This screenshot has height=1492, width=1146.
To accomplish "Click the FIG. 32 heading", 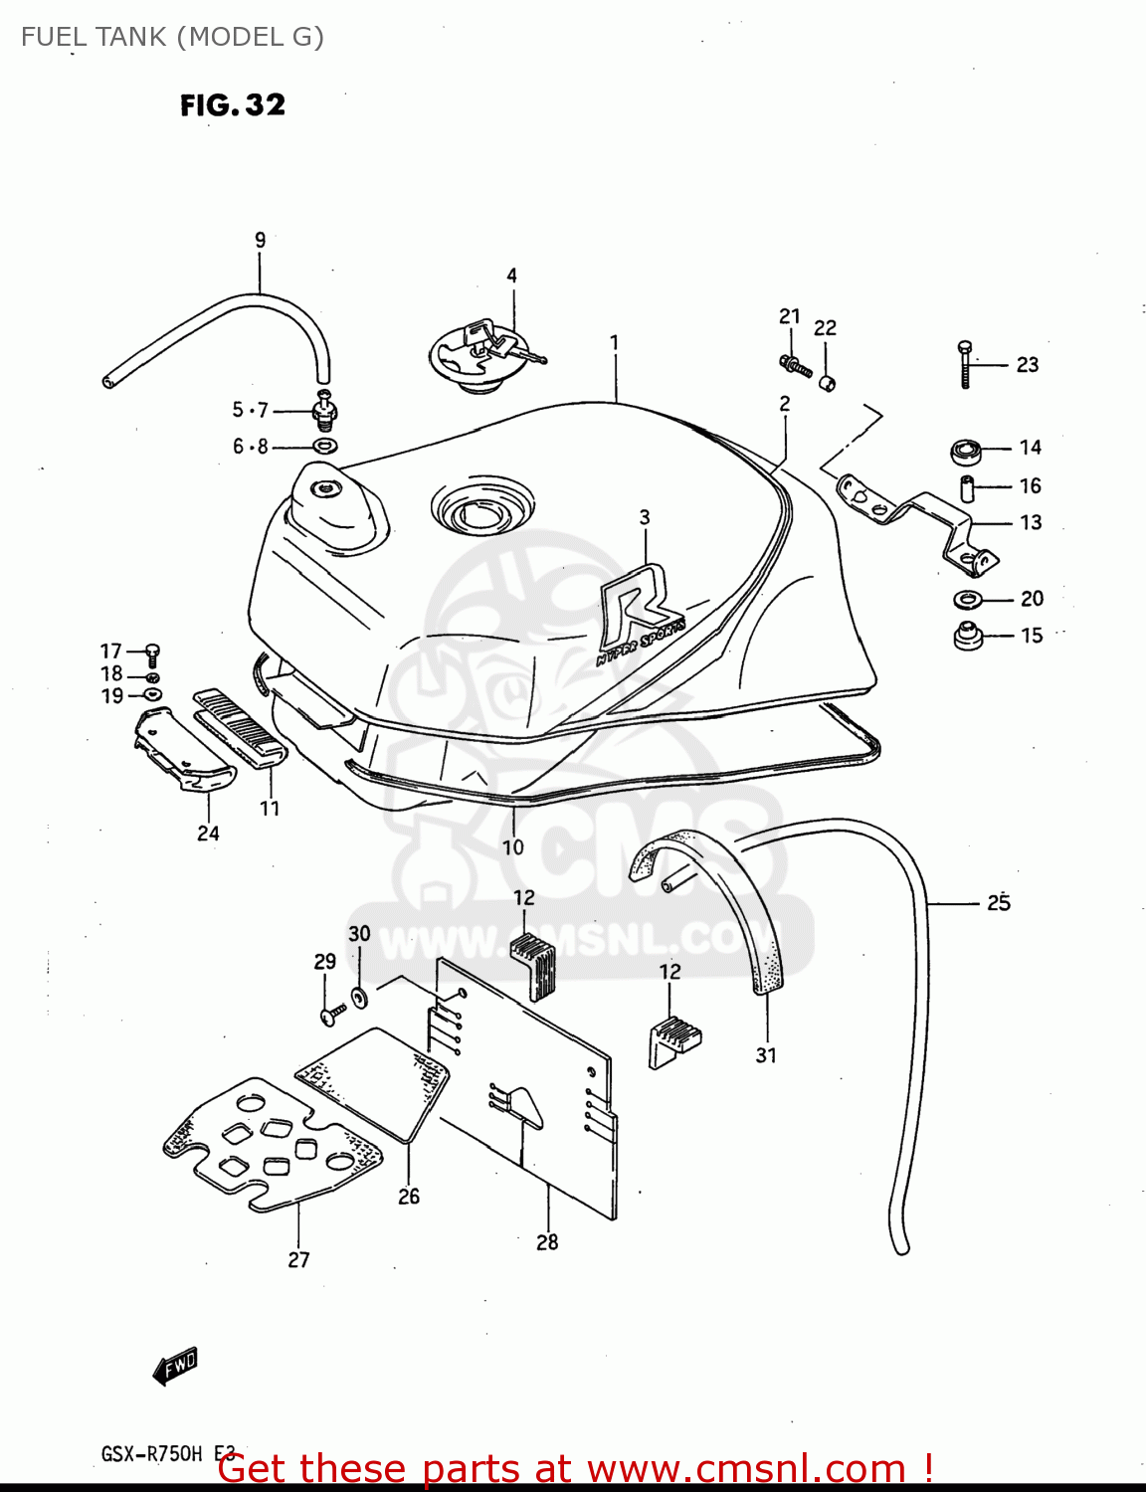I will (x=233, y=104).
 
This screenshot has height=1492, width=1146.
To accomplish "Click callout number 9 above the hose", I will (x=260, y=240).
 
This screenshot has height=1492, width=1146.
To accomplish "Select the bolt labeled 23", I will (x=964, y=364).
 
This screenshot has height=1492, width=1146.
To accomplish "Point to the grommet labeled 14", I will (x=966, y=451).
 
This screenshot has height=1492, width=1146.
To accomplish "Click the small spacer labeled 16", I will (x=964, y=488).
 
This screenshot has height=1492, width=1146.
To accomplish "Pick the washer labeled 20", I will (x=966, y=599).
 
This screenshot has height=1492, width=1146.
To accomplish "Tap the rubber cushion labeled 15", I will (x=967, y=635).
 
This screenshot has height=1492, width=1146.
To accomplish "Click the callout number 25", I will (x=998, y=902).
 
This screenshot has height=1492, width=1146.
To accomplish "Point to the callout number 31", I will (x=765, y=1055).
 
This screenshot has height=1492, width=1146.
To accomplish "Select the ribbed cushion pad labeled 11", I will (x=240, y=730).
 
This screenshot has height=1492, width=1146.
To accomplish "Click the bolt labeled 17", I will (x=152, y=653).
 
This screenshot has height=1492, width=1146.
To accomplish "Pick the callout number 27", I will (x=298, y=1259).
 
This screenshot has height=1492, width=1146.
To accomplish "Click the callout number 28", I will (x=547, y=1241).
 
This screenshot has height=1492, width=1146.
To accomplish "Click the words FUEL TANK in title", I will (x=95, y=37).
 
